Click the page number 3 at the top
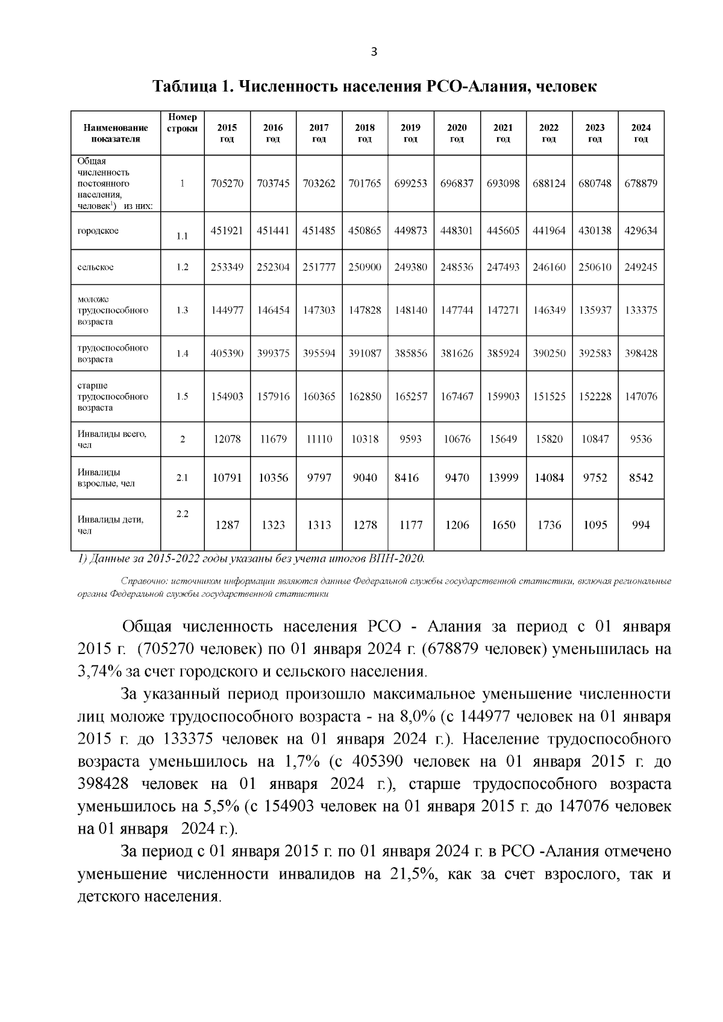pyautogui.click(x=373, y=52)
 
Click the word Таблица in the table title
pyautogui.click(x=184, y=87)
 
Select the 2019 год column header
pyautogui.click(x=410, y=133)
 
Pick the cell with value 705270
pyautogui.click(x=227, y=184)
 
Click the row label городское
pyautogui.click(x=98, y=231)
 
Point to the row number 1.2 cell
pyautogui.click(x=183, y=267)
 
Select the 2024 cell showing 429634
pyautogui.click(x=640, y=231)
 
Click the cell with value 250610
pyautogui.click(x=595, y=267)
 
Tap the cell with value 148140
pyautogui.click(x=410, y=310)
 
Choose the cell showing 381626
pyautogui.click(x=457, y=354)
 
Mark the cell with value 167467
pyautogui.click(x=457, y=396)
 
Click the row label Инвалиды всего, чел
pyautogui.click(x=111, y=439)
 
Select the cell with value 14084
pyautogui.click(x=549, y=478)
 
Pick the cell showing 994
pyautogui.click(x=640, y=525)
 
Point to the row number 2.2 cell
pyautogui.click(x=183, y=514)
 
